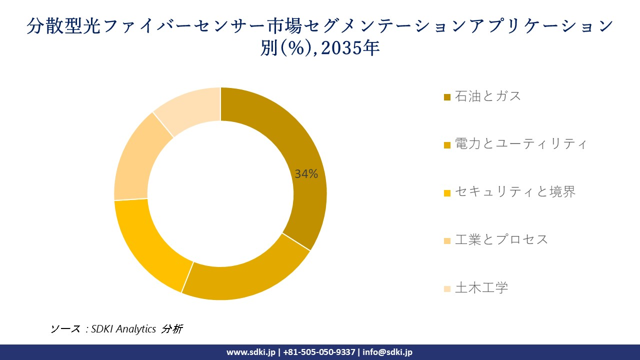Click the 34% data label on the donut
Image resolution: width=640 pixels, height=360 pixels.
point(306,174)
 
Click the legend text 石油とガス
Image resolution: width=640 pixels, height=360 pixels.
point(488,96)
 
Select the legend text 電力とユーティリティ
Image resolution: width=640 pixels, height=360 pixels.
point(520,144)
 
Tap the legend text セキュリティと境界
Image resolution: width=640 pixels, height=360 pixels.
point(515,191)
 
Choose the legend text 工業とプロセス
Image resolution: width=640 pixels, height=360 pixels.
point(501,239)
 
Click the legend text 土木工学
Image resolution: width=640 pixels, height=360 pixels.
point(481,287)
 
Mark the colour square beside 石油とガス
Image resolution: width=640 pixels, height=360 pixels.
point(447,97)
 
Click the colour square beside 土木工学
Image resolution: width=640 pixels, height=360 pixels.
point(447,288)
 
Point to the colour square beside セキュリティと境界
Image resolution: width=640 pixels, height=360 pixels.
point(447,192)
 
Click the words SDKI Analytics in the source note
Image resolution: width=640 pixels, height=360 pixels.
point(123,328)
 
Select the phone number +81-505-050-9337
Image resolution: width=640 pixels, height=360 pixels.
point(319,352)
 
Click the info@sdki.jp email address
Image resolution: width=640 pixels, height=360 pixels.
point(387,352)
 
